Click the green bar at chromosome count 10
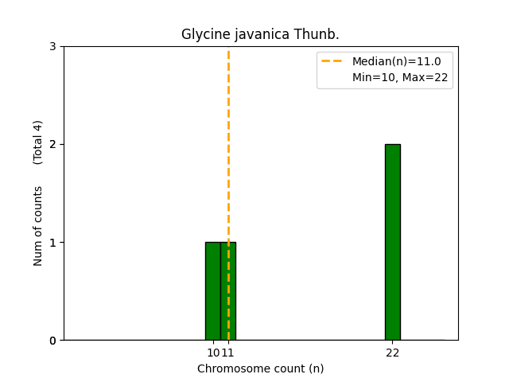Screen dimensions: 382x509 212,291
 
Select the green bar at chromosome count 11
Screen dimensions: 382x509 231,291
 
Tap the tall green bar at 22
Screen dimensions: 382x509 392,242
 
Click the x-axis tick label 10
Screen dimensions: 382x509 212,353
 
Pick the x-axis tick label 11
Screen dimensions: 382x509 227,353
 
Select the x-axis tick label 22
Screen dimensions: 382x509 392,353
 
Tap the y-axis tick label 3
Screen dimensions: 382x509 52,46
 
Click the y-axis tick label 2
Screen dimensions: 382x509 52,144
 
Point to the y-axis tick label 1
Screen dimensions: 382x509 52,242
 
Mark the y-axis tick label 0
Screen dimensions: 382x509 52,340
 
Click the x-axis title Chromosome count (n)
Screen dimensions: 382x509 260,368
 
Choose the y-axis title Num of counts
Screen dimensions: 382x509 38,226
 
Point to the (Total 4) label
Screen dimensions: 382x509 38,142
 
